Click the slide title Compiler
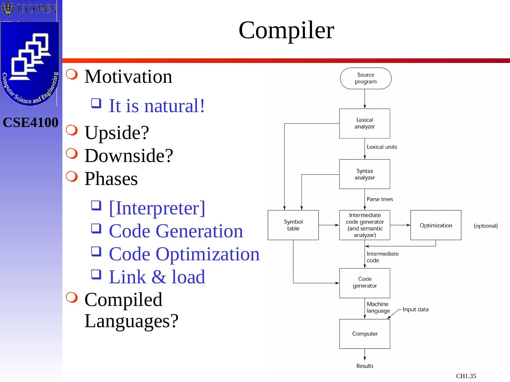pos(286,30)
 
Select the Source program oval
pos(365,78)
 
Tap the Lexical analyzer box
pos(364,123)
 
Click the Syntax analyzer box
pos(364,174)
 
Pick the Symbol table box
pos(293,225)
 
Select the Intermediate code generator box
pos(364,225)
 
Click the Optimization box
pos(436,225)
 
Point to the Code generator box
pos(364,283)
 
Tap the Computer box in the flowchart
pos(364,334)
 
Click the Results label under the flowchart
pos(364,366)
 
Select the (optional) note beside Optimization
pos(486,226)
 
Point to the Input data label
pos(415,309)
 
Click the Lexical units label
pos(382,147)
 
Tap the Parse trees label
pos(380,199)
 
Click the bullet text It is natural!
pos(157,106)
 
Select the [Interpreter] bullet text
pos(157,208)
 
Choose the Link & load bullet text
pos(157,277)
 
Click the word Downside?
pos(129,156)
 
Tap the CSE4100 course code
pos(30,123)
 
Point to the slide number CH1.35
pos(466,376)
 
